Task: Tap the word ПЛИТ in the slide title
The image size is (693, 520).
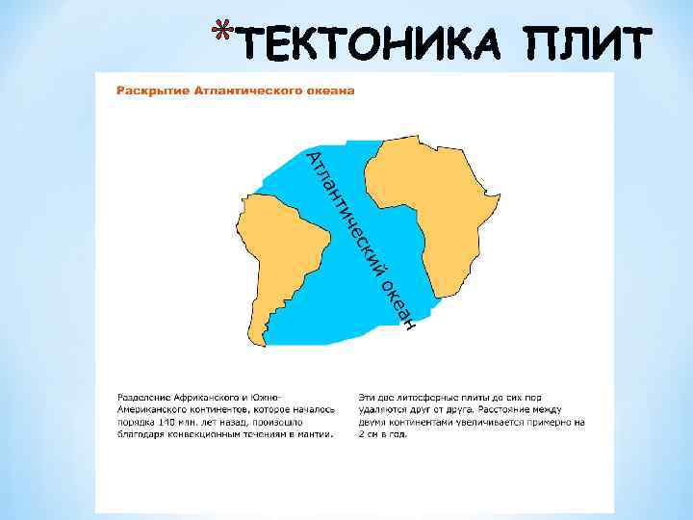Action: point(586,44)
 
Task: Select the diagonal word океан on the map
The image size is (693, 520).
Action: point(398,303)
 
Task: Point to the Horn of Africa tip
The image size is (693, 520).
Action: point(495,203)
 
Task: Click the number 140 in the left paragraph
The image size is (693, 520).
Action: point(167,421)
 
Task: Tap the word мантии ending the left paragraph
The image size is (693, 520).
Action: point(317,433)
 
